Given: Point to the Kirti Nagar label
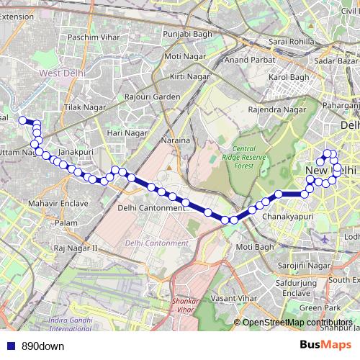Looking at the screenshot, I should [188, 76].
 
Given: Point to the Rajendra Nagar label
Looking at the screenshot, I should [276, 110].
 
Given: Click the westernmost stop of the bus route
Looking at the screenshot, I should [22, 120].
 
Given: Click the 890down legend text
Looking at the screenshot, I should [42, 346].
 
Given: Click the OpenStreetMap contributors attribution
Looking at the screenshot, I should [297, 323].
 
